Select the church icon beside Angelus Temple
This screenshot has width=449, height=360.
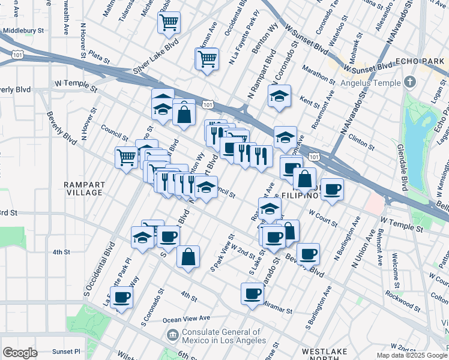click(409, 82)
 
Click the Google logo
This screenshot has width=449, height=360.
click(20, 352)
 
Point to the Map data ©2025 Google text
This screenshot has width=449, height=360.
click(411, 355)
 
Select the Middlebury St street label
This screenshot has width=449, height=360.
click(24, 30)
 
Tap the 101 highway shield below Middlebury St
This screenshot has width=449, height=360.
click(17, 55)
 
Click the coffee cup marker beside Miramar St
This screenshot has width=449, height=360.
click(252, 294)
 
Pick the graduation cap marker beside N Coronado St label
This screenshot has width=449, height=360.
click(279, 96)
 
